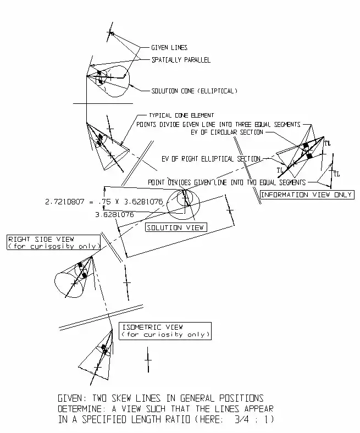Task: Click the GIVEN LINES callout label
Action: click(x=169, y=48)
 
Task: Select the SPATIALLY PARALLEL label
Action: click(x=181, y=60)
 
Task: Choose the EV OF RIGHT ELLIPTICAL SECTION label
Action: click(x=211, y=159)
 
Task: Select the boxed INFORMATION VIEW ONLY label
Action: click(x=307, y=195)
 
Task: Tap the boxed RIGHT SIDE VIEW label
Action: click(x=53, y=242)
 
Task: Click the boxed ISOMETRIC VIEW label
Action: click(x=165, y=331)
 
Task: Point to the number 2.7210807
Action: click(x=66, y=202)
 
